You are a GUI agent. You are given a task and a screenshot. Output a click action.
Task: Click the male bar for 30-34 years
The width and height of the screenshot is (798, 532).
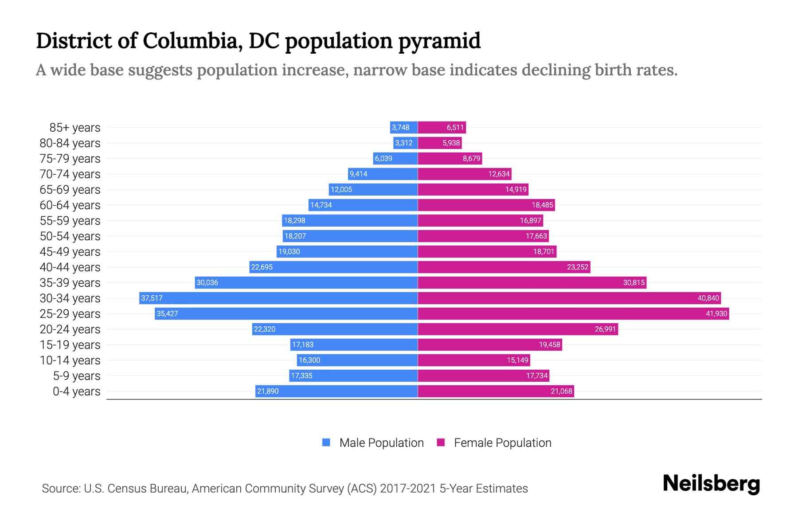(x=278, y=298)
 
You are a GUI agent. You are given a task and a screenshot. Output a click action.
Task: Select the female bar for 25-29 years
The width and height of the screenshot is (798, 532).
(x=573, y=313)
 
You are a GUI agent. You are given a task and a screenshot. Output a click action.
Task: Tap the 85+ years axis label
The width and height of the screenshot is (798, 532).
(x=75, y=128)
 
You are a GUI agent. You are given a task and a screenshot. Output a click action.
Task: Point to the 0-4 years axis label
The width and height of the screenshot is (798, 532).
(x=77, y=391)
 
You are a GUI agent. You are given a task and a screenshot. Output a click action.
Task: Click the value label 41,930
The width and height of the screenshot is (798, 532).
(x=716, y=314)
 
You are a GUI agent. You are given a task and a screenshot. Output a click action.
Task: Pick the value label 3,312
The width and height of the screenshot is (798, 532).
(x=403, y=143)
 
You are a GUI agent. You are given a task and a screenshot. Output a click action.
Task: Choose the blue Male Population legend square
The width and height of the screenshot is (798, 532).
(x=326, y=442)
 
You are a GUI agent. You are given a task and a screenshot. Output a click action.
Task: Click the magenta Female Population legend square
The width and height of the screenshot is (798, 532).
(x=441, y=442)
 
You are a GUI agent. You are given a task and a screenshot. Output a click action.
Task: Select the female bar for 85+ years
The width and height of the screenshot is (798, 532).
(x=442, y=128)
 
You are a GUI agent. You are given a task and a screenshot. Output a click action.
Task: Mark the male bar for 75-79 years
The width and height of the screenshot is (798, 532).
(x=395, y=158)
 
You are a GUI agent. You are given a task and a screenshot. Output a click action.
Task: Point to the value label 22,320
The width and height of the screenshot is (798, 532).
(x=265, y=329)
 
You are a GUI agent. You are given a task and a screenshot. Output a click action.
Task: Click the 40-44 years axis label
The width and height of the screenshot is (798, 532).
(x=70, y=267)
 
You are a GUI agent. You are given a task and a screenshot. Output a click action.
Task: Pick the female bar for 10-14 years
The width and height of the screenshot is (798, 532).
(x=473, y=360)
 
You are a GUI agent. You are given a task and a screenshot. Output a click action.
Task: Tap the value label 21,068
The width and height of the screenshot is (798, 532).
(x=561, y=391)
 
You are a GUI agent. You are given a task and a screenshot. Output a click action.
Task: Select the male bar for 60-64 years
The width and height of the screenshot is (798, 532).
(x=363, y=205)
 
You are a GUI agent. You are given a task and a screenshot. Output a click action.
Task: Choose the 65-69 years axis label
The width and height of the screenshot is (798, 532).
(x=70, y=190)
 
